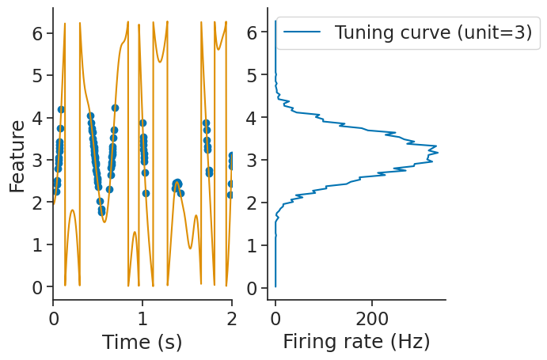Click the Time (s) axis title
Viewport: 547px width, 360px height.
pos(142,342)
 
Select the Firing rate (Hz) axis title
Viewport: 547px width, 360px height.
pos(356,342)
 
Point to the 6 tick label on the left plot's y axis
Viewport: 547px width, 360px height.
pos(37,33)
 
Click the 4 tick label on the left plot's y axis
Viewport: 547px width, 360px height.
pos(37,118)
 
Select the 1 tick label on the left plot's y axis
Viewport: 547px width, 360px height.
pos(37,245)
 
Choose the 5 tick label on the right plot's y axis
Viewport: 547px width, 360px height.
pos(252,76)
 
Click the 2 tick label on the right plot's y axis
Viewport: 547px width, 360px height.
pos(252,203)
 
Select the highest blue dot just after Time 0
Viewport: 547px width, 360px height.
pos(61,109)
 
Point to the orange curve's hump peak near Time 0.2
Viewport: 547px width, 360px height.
pos(72,210)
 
